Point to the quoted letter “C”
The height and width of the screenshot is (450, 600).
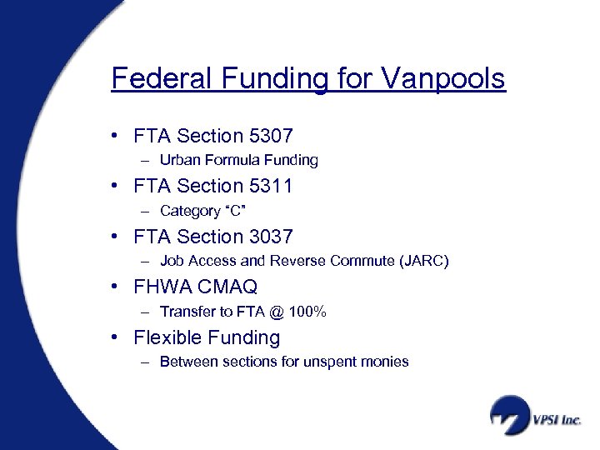pos(231,211)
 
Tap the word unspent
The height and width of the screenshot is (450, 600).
pos(333,362)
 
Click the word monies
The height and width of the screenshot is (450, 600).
pos(387,362)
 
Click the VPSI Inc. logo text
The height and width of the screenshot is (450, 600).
pos(557,420)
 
